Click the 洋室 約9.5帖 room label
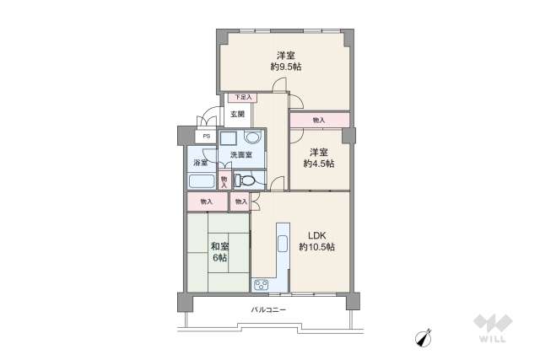[x=286, y=61]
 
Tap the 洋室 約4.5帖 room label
[x=319, y=158]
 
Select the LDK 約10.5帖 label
[x=317, y=241]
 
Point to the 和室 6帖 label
[x=219, y=251]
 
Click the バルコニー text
[x=268, y=309]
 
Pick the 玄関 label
[x=237, y=114]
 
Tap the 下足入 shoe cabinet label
[x=243, y=98]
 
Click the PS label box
[x=206, y=137]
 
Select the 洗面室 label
[x=241, y=155]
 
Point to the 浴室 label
[x=200, y=163]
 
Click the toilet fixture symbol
[x=244, y=180]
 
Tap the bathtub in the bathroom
[x=202, y=181]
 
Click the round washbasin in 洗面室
[x=253, y=137]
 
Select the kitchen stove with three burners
[x=261, y=285]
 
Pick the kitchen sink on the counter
[x=283, y=244]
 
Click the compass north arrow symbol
[x=424, y=338]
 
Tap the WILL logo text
[x=493, y=339]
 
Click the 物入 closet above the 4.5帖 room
[x=320, y=120]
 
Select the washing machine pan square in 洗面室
[x=228, y=139]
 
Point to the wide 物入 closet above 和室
[x=208, y=201]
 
